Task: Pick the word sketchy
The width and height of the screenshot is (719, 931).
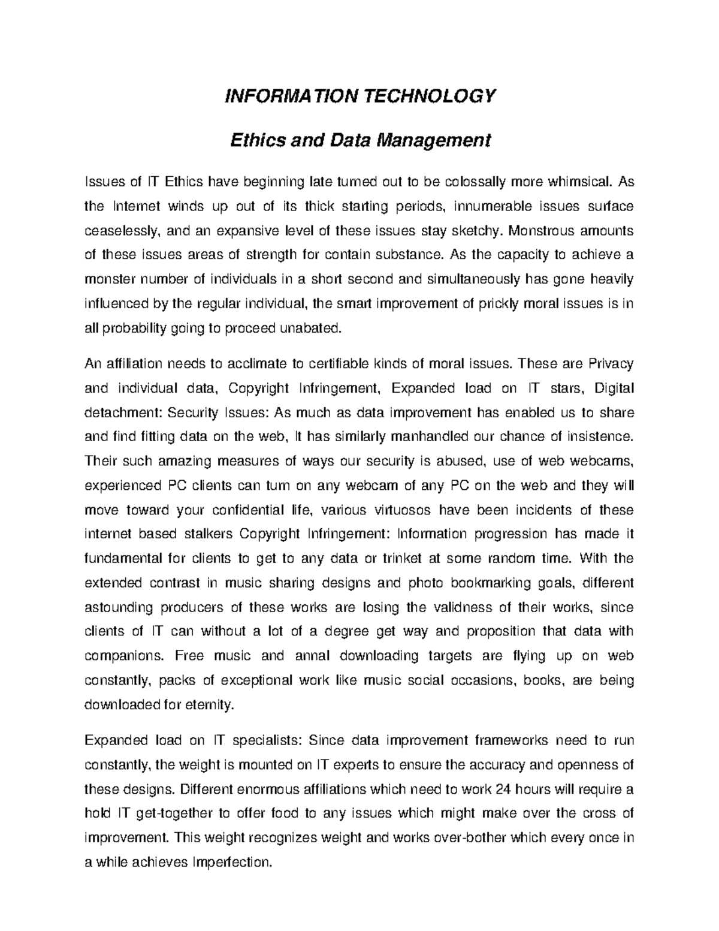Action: pyautogui.click(x=477, y=231)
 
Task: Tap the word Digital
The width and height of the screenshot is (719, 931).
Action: pyautogui.click(x=614, y=388)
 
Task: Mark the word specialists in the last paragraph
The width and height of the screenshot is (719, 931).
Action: pyautogui.click(x=266, y=741)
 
